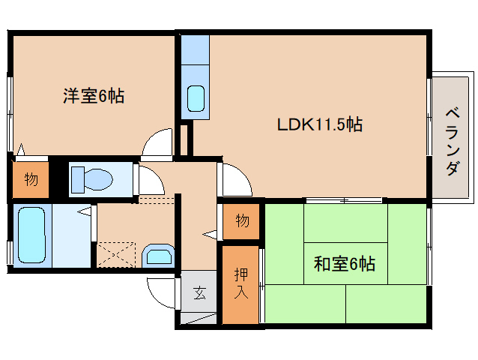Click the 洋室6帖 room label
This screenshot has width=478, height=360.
tap(94, 96)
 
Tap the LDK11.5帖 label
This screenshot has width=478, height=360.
tap(320, 124)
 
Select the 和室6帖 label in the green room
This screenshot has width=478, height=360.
tap(345, 263)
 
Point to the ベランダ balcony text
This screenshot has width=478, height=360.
tap(453, 141)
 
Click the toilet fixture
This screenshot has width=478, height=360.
tap(91, 179)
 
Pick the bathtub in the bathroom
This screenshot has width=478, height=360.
tap(31, 235)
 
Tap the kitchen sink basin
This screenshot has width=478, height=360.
tap(196, 98)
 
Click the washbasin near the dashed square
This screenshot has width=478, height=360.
tap(159, 256)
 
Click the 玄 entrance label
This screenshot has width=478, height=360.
tap(199, 293)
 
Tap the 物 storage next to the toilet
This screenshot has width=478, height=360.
tap(31, 179)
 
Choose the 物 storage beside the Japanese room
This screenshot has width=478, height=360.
tap(242, 220)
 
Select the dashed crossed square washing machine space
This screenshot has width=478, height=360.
tap(116, 255)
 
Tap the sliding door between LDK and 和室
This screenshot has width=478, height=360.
tap(344, 200)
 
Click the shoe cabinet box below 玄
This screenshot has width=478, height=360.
tap(199, 319)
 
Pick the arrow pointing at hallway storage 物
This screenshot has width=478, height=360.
tap(210, 234)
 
